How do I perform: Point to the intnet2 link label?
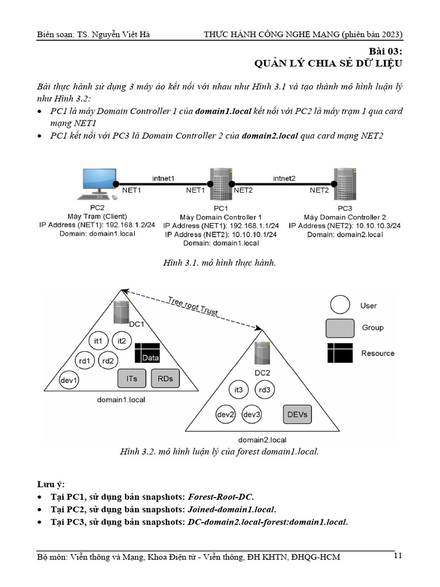[284, 178]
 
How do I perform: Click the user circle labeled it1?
[99, 341]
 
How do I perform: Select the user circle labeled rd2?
[107, 361]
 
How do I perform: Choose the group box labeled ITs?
[132, 378]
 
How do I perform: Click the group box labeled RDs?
[166, 378]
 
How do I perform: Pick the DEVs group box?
[297, 414]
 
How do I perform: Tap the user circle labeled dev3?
[253, 414]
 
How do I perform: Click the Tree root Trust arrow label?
[192, 306]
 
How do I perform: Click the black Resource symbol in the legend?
[340, 353]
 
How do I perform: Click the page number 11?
[399, 555]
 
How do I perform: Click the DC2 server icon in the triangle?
[262, 351]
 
